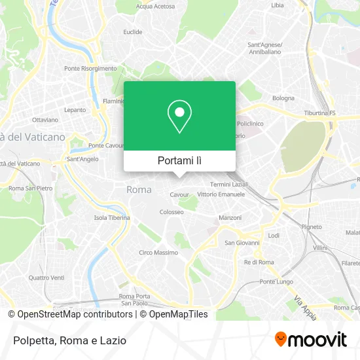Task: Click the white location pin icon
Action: pos(179,117)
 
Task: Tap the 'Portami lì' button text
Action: pos(179,160)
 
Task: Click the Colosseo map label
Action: pos(171,212)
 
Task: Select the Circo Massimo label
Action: pos(158,253)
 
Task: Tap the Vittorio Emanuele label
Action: pos(221,194)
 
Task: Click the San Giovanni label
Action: pos(242,243)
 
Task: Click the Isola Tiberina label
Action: pos(112,218)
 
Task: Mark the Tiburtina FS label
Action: pos(319,113)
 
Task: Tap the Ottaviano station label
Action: pos(45,120)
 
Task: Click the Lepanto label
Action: pos(75,110)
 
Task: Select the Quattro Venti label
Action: pos(46,277)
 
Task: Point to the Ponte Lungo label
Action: pos(276,282)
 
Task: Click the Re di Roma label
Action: pos(259,262)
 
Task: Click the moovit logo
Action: pos(311,339)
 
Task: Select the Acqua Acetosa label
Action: pos(155,6)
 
